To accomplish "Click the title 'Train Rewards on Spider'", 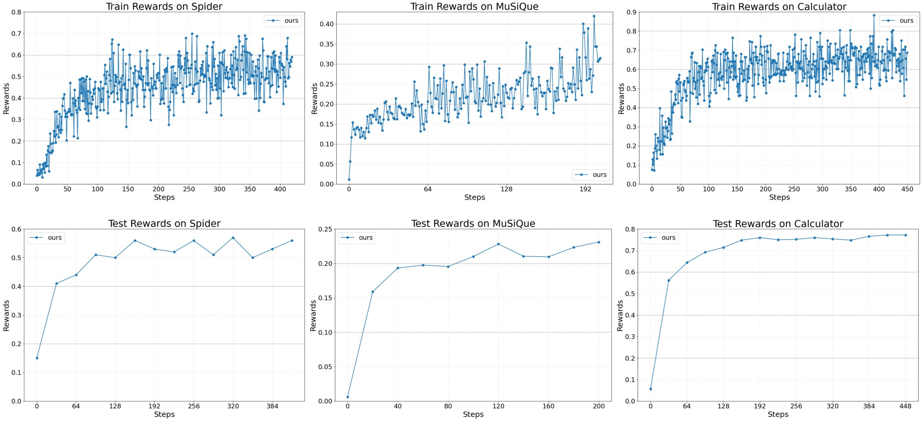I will click(164, 6).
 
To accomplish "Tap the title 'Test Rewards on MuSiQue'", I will click(473, 224).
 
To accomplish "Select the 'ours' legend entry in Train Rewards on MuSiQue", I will click(591, 175).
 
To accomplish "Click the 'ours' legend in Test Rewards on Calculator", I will click(659, 238).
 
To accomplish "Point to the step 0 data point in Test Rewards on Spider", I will click(37, 358).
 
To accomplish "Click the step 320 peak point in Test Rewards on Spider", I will click(233, 238).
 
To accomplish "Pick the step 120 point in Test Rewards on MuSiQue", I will click(498, 244).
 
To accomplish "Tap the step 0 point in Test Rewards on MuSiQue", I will click(348, 397).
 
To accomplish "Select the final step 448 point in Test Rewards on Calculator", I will click(905, 235).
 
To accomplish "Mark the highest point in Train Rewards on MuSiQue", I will click(594, 16).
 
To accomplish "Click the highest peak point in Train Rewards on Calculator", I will click(874, 15).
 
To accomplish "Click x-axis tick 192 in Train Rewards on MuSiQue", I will click(585, 189).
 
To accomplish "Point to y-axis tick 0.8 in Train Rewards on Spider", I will click(16, 12).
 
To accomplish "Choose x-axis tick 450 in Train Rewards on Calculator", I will click(907, 189).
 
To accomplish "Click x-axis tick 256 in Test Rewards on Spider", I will click(194, 406).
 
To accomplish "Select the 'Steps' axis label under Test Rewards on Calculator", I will click(778, 415).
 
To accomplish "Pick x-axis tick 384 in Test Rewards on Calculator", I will click(869, 406).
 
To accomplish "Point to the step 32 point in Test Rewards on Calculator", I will click(669, 281).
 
